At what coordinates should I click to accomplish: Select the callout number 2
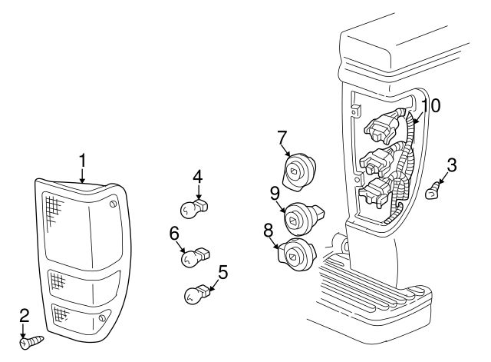pyautogui.click(x=25, y=315)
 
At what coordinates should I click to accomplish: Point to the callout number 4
pyautogui.click(x=197, y=176)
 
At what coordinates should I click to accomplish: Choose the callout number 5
pyautogui.click(x=223, y=271)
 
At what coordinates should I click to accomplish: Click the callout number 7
pyautogui.click(x=282, y=138)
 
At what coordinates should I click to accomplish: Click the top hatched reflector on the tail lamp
pyautogui.click(x=53, y=208)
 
